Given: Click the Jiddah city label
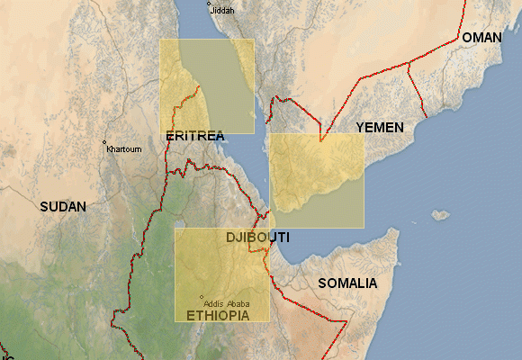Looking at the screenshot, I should pyautogui.click(x=221, y=10).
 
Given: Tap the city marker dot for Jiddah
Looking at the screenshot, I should pyautogui.click(x=209, y=4).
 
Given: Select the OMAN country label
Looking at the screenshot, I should pyautogui.click(x=482, y=38).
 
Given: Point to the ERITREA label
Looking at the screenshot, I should pyautogui.click(x=195, y=136).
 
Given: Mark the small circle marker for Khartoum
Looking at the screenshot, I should pyautogui.click(x=105, y=143).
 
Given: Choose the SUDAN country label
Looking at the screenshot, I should pyautogui.click(x=63, y=206).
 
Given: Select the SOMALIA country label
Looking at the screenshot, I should pyautogui.click(x=347, y=283).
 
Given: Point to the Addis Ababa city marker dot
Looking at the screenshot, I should pyautogui.click(x=202, y=298).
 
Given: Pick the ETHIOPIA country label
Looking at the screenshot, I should pyautogui.click(x=218, y=316).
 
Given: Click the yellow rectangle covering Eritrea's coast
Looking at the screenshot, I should pyautogui.click(x=207, y=85).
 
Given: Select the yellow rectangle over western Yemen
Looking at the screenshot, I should pyautogui.click(x=317, y=180).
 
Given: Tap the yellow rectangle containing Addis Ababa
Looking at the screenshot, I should pyautogui.click(x=221, y=270).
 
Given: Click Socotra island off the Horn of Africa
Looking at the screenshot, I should pyautogui.click(x=440, y=215).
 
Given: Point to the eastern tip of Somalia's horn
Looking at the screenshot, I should pyautogui.click(x=399, y=237).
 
